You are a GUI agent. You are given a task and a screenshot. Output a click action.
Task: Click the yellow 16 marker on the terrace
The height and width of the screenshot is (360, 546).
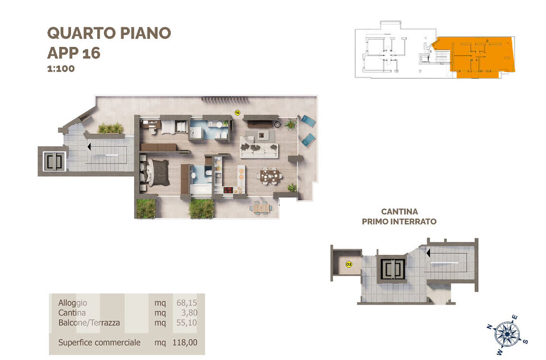pos(237,113)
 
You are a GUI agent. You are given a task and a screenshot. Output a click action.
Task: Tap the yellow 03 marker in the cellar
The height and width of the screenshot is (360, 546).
pos(349,264)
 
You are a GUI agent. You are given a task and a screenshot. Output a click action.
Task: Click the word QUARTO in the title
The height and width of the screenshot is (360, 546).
pos(82,33)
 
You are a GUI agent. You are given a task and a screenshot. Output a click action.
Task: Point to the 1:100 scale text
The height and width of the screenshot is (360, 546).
pos(61,69)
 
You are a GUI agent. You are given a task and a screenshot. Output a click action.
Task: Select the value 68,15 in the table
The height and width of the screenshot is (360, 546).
pos(187,303)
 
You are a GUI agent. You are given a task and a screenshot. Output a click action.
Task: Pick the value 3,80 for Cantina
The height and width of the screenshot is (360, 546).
pos(189,313)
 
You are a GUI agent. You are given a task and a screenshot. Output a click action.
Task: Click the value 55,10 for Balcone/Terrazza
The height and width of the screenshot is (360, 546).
pos(187,323)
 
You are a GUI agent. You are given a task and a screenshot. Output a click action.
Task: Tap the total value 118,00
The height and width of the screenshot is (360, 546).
pos(185,342)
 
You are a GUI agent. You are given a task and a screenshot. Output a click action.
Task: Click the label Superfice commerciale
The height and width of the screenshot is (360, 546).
pos(99,342)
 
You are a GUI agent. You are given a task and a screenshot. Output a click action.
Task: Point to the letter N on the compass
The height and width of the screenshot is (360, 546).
pos(489,327)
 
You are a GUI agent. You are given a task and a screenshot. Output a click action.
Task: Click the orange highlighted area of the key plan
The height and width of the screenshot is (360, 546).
pos(478,56)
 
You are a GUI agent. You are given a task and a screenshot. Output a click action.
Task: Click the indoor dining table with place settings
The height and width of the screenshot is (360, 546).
pos(270,176)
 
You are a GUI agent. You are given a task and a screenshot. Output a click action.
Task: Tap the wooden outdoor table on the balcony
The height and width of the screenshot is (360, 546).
pos(261,208)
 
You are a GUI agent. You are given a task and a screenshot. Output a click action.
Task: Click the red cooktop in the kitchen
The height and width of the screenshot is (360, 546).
pos(228,190)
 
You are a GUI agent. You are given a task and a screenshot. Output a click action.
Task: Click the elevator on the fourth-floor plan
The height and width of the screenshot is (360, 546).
pos(54,161)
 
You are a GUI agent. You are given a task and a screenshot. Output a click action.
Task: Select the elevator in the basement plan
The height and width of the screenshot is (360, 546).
pos(392,269)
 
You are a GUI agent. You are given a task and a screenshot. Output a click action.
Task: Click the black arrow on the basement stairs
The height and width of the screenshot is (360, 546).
pos(428,253)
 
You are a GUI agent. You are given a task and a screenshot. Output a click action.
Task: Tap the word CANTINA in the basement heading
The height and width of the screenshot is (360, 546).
pos(399,211)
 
